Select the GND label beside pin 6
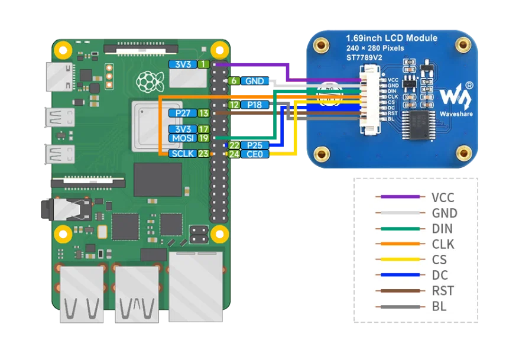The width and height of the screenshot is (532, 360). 255,81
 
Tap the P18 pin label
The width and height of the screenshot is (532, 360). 255,105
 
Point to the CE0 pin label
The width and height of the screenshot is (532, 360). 255,154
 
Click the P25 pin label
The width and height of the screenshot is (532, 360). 255,145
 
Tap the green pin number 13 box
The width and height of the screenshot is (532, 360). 203,113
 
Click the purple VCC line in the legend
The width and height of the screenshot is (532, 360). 400,197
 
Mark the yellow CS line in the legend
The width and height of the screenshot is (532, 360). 400,260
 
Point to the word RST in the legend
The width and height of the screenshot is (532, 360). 443,291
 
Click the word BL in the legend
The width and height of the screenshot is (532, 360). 439,306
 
